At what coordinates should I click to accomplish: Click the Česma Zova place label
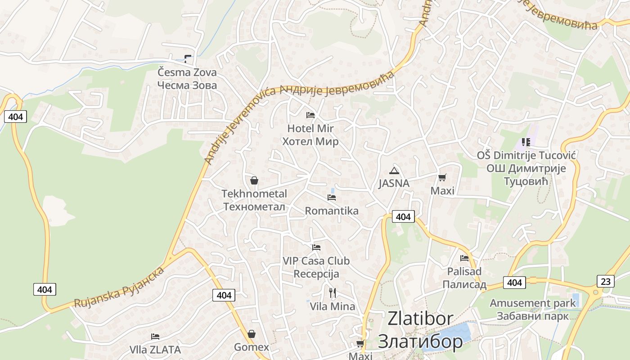pyautogui.click(x=187, y=72)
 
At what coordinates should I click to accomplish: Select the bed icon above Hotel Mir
pyautogui.click(x=310, y=115)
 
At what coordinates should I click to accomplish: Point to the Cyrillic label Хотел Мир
pyautogui.click(x=310, y=142)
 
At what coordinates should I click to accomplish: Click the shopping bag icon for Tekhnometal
pyautogui.click(x=254, y=180)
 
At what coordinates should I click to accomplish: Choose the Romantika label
pyautogui.click(x=332, y=211)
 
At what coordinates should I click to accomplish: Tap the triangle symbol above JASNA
pyautogui.click(x=394, y=171)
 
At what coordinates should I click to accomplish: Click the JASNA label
pyautogui.click(x=394, y=183)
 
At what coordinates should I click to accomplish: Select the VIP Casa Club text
pyautogui.click(x=316, y=261)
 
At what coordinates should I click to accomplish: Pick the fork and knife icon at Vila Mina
pyautogui.click(x=333, y=293)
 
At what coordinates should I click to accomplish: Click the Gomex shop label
pyautogui.click(x=252, y=347)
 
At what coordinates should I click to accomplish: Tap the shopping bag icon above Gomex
pyautogui.click(x=252, y=334)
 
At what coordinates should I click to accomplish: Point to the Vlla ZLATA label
pyautogui.click(x=155, y=349)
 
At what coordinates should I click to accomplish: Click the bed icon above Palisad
pyautogui.click(x=464, y=258)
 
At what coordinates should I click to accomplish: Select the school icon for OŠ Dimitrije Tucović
pyautogui.click(x=526, y=142)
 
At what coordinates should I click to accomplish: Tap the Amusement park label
pyautogui.click(x=533, y=303)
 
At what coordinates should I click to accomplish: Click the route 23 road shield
pyautogui.click(x=606, y=282)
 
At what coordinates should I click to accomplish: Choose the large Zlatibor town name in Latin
pyautogui.click(x=420, y=319)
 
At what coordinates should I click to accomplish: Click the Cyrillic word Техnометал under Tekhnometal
pyautogui.click(x=254, y=207)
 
